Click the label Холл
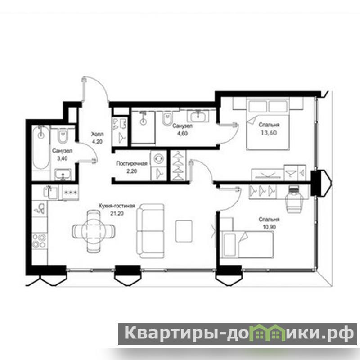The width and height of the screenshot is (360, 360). point(97,134)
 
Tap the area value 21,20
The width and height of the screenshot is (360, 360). point(117,213)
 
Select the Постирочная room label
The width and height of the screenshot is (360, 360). point(131,163)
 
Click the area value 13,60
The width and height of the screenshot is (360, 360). point(269,133)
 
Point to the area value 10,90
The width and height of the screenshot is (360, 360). point(269,227)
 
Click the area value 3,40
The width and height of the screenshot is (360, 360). point(62,158)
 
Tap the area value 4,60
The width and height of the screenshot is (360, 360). point(182,133)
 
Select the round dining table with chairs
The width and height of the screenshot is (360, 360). point(94,231)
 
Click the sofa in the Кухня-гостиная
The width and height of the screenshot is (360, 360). point(151,231)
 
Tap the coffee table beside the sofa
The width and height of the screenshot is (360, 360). point(184,231)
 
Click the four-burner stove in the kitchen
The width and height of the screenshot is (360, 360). point(39,241)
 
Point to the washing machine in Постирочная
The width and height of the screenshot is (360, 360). point(158,159)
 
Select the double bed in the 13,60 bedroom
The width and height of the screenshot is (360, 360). point(268,124)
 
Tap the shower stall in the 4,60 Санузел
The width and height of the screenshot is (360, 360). point(143,127)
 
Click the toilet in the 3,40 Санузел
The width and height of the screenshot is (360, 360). point(63,136)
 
